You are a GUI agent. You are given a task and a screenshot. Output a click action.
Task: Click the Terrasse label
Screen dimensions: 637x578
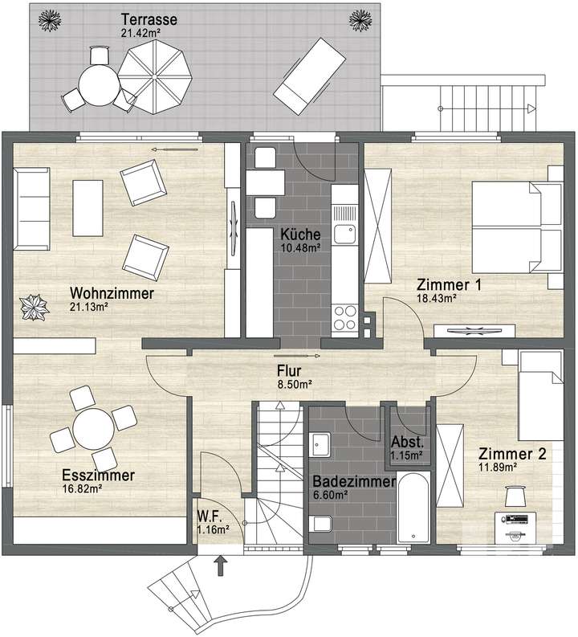pos(149,18)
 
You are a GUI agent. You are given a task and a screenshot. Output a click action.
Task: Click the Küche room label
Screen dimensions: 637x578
pos(300,235)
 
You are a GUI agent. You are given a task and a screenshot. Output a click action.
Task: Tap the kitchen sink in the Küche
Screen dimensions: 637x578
pos(345,234)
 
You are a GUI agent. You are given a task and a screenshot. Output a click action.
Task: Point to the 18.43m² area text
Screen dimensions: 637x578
pos(436,298)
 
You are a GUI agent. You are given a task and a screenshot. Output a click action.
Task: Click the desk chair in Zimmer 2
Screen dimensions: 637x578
pos(512,492)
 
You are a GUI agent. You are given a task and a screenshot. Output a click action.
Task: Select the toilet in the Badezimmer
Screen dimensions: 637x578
pos(321,525)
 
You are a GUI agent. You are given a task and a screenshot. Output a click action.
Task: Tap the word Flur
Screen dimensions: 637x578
pos(289,371)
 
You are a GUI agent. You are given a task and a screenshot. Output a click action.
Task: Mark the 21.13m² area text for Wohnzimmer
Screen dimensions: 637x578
pos(88,307)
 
